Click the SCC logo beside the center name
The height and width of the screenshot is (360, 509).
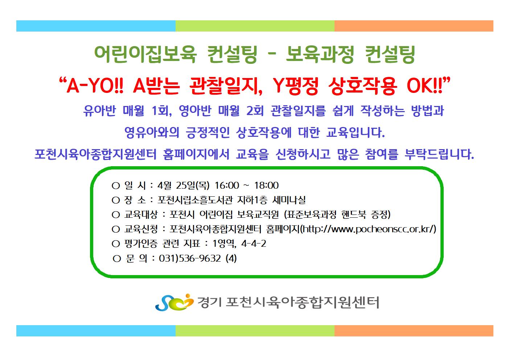pos(174,302)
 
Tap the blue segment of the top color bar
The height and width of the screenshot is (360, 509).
pos(96,26)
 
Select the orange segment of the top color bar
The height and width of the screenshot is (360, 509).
pos(414,26)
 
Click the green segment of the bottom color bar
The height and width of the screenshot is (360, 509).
pos(255,331)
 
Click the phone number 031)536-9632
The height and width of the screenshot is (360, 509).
pos(190,258)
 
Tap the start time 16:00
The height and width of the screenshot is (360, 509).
pos(227,185)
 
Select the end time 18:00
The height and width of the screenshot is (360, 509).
pos(266,185)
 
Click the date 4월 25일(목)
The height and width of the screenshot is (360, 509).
pos(183,185)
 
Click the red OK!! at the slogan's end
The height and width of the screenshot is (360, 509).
pos(424,86)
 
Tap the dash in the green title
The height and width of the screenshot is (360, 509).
pos(272,54)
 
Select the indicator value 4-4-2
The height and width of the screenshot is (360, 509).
pos(254,244)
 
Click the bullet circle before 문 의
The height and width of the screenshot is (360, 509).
pos(117,259)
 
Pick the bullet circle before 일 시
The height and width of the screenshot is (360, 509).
pos(116,186)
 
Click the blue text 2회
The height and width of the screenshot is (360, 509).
pos(255,111)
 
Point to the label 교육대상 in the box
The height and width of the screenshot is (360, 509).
pos(141,214)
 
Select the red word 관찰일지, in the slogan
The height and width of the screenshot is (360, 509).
pos(226,86)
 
